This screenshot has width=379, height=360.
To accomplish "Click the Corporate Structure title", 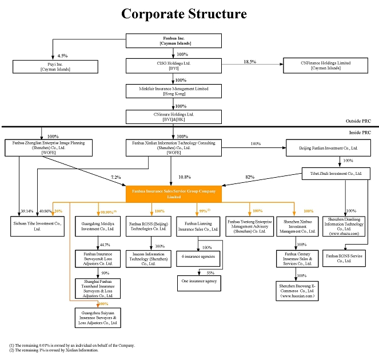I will click(x=184, y=14).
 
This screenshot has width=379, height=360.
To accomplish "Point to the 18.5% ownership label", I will click(x=249, y=61).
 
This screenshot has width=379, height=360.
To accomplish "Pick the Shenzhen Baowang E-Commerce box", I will click(x=297, y=290).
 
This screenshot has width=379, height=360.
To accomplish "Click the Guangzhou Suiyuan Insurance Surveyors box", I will click(x=98, y=317).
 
